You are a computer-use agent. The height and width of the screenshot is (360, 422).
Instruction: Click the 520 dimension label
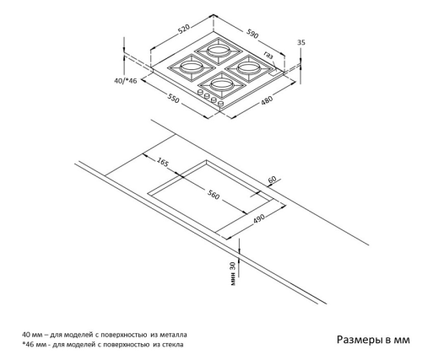click(x=184, y=30)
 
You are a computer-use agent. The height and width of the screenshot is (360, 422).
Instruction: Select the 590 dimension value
click(x=252, y=34)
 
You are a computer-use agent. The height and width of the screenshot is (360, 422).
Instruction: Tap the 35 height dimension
click(x=301, y=42)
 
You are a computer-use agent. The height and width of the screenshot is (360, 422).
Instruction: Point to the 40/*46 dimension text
click(x=126, y=81)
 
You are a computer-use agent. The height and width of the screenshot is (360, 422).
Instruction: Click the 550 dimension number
click(x=173, y=98)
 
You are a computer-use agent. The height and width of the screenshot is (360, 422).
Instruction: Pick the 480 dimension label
click(x=267, y=100)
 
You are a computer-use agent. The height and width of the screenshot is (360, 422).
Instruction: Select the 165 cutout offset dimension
click(x=163, y=162)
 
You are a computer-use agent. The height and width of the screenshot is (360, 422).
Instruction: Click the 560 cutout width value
click(x=214, y=195)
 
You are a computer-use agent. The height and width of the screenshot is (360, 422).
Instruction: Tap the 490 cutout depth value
click(x=259, y=219)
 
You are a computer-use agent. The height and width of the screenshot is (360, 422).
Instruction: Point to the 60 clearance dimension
click(x=273, y=180)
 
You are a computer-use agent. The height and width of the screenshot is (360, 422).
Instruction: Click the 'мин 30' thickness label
click(x=233, y=274)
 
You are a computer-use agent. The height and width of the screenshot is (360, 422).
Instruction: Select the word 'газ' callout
click(x=268, y=55)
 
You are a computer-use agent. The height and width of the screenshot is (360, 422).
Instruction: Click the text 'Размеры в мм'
click(x=373, y=340)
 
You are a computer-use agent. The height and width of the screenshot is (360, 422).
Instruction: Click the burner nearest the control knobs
click(x=222, y=84)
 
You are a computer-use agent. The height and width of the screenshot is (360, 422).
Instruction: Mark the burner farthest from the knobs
click(x=219, y=51)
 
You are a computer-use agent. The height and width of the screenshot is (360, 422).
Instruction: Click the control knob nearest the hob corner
click(x=221, y=105)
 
